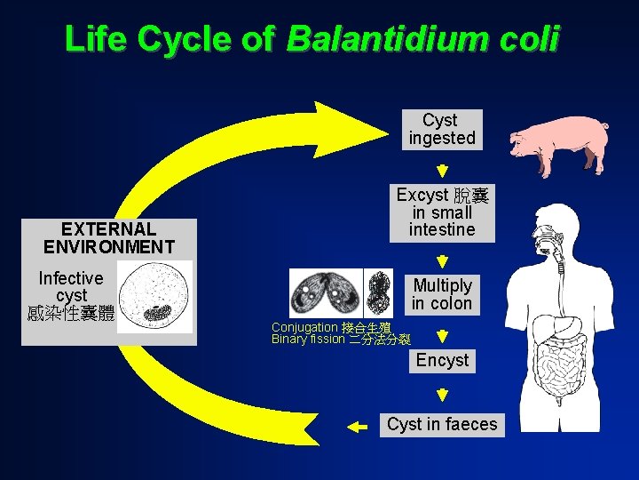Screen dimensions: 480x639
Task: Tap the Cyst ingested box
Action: tap(441, 129)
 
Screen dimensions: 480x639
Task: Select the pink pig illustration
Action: tap(560, 144)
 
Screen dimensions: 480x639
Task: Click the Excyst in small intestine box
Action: tap(442, 212)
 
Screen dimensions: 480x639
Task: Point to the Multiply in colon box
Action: tap(442, 294)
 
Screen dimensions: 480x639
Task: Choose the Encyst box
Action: tap(442, 360)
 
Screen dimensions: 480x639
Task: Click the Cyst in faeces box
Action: tap(442, 424)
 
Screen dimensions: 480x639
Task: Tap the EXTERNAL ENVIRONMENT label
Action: tap(108, 238)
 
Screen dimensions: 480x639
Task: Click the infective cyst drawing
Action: tap(154, 297)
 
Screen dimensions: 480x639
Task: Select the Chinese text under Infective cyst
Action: tap(71, 313)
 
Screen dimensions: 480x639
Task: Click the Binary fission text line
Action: tap(341, 340)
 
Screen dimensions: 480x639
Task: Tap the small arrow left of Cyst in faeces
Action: tap(357, 427)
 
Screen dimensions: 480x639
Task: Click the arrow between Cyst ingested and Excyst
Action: tap(442, 170)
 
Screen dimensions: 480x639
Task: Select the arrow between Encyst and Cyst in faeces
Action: tap(442, 393)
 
